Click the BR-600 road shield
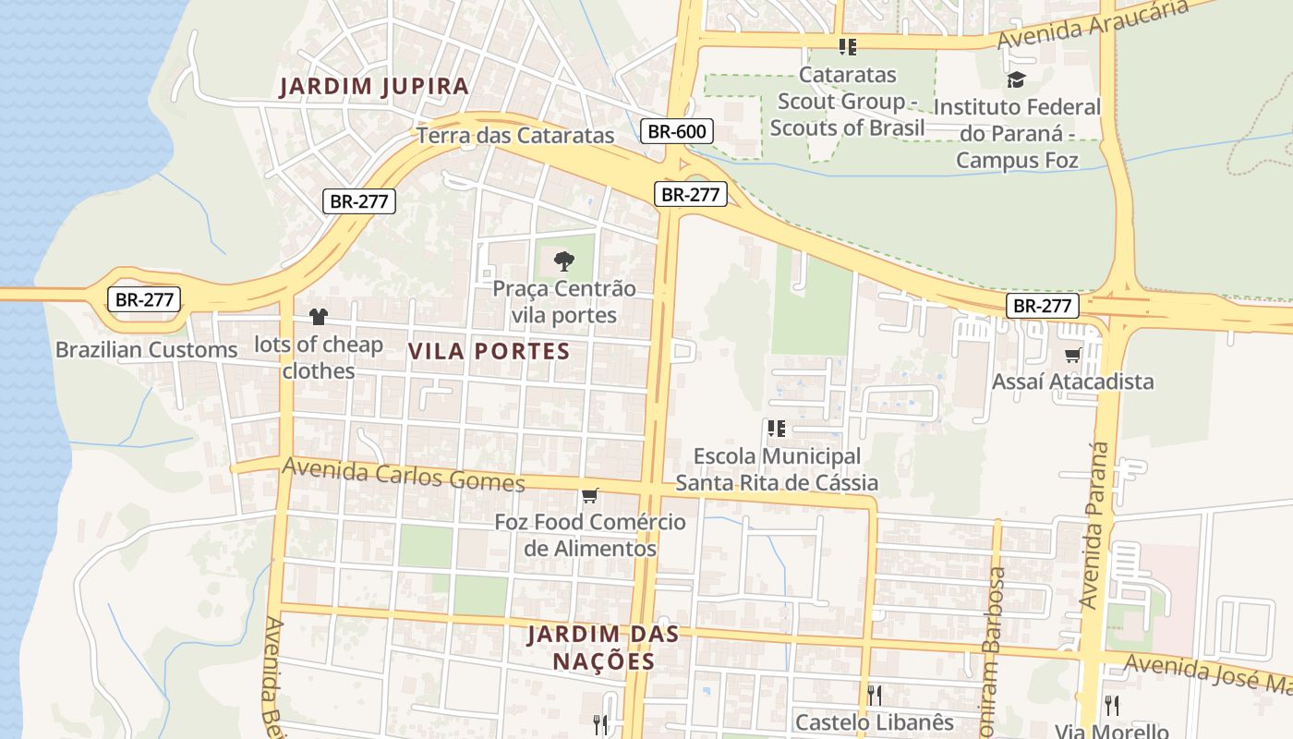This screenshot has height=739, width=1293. pos(677,131)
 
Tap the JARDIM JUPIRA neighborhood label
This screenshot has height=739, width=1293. pos(374,87)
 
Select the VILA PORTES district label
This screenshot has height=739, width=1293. pos(489,351)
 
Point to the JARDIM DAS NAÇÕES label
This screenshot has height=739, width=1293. pos(604,648)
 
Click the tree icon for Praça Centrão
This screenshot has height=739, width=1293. pos(563,261)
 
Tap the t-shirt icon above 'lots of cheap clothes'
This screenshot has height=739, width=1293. pos(319,317)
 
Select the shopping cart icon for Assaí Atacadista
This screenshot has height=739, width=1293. pos(1072,355)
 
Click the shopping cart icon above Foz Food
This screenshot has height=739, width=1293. pos(590,495)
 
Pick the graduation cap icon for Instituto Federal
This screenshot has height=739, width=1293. pos(1016,79)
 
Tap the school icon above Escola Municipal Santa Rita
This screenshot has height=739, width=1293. pos(776,428)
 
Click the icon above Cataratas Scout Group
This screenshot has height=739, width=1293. pos(847,46)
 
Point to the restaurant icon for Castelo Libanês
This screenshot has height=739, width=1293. pos(874,695)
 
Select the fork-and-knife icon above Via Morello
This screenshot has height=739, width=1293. pos(1112,705)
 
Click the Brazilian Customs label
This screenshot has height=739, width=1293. pos(147,350)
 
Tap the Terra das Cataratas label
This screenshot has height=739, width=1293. pos(515,135)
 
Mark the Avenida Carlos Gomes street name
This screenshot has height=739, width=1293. pos(404,475)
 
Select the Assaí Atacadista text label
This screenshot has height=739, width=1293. pos(1072,382)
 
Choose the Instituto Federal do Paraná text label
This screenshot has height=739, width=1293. pos(1017,133)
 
